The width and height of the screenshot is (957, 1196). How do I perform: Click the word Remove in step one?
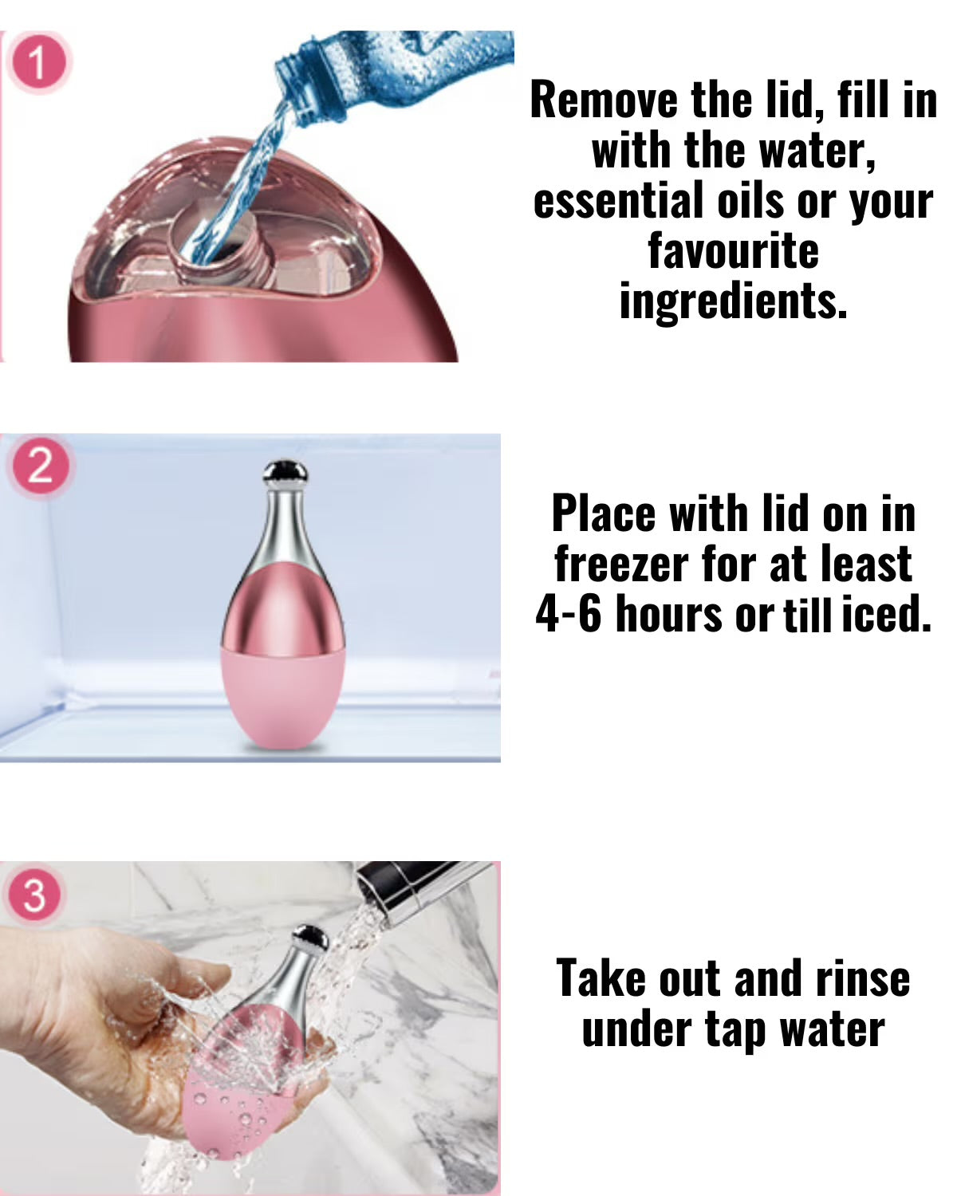[x=604, y=100]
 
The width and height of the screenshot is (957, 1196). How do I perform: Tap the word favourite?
[x=733, y=250]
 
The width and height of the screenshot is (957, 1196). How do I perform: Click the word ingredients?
[x=733, y=301]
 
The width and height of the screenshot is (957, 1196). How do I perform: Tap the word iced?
[x=886, y=614]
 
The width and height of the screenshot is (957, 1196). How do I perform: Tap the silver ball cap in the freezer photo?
[x=285, y=472]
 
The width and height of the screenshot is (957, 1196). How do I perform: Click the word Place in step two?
[x=604, y=514]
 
